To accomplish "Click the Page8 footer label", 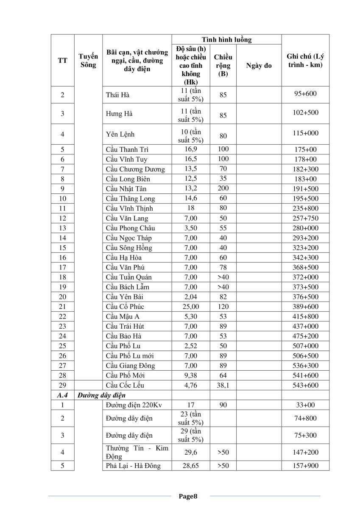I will (x=188, y=495).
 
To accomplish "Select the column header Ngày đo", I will (x=259, y=66).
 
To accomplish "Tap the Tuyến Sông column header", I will (x=88, y=61).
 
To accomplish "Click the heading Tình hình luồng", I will (x=226, y=40).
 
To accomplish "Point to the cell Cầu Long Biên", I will (x=128, y=179).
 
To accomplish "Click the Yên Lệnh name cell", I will (x=120, y=134).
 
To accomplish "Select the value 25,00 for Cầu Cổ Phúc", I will (x=190, y=306).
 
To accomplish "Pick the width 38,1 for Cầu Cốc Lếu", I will (x=223, y=385).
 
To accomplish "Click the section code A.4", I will (x=62, y=395).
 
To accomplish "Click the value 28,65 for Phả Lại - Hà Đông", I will (x=190, y=466).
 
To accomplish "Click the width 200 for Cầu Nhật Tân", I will (x=223, y=189).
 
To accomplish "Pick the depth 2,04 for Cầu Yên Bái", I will (x=190, y=296).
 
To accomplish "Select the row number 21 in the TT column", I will (x=62, y=306).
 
